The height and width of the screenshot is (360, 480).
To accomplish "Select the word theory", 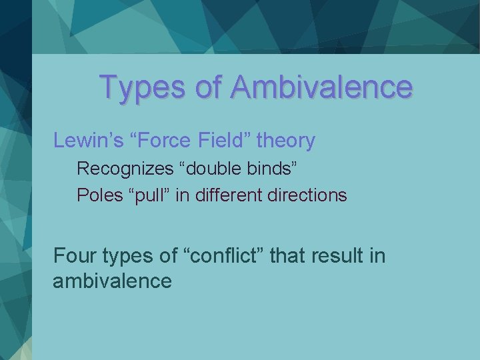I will [286, 141].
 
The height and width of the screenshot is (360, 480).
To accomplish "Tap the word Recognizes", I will [125, 169].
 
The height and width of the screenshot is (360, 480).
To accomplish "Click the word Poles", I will [96, 195].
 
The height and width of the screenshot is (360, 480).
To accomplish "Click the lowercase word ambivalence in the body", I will [112, 281].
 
